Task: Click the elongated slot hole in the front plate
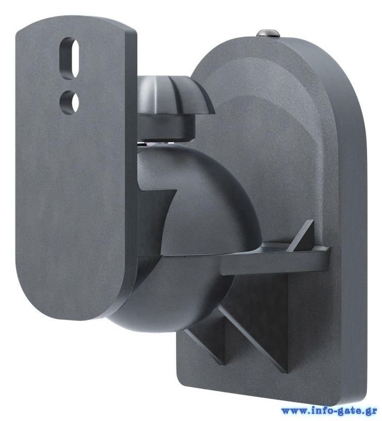click(x=69, y=58)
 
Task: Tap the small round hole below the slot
click(x=69, y=102)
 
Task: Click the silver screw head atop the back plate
click(x=268, y=33)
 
